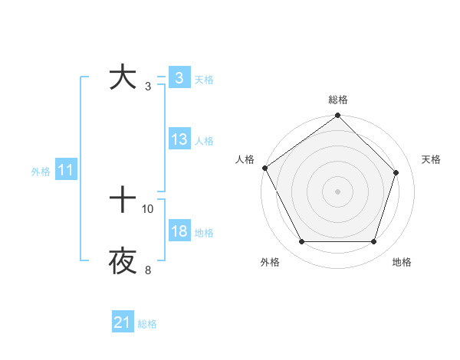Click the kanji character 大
123,78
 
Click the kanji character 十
123,201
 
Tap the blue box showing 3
179,78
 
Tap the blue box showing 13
179,139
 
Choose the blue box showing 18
179,231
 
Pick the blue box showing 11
65,171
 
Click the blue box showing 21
123,323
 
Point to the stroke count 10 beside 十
148,208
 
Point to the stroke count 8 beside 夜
148,270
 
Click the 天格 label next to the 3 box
204,79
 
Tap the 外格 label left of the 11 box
41,172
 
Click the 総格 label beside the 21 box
148,324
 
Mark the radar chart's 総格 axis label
338,100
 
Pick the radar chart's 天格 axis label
432,159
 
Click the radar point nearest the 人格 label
264,168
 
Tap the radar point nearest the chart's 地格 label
374,242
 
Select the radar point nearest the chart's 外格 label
302,242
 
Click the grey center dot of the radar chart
338,191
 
